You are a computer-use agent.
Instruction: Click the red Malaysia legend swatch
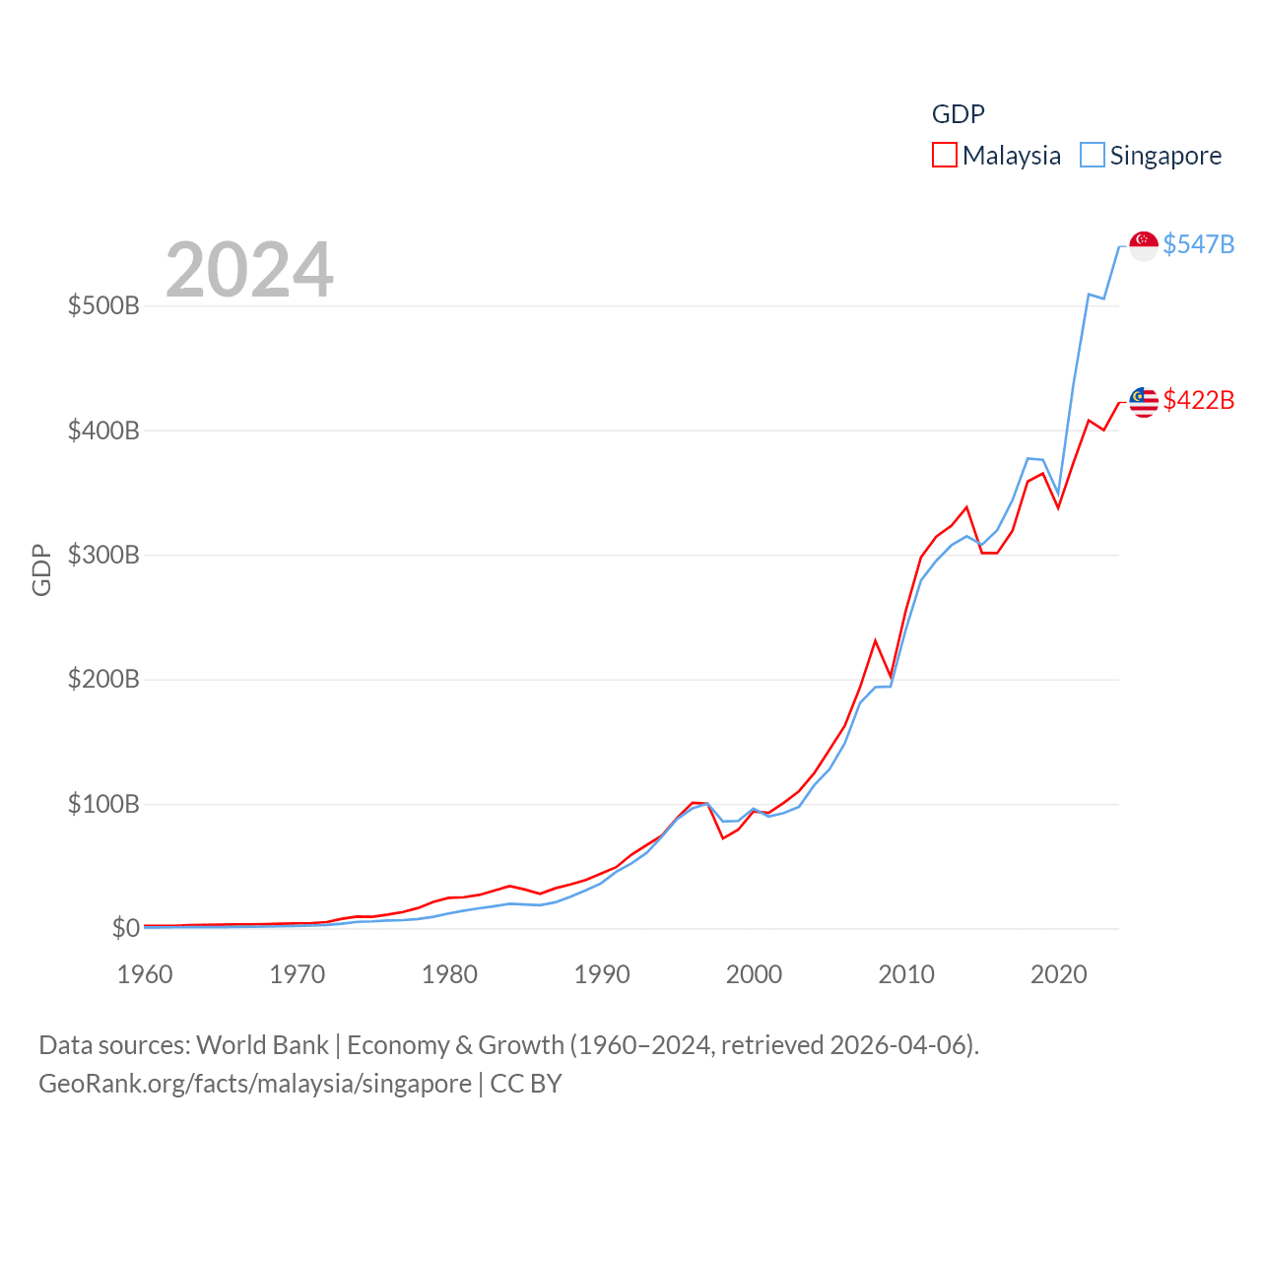[944, 156]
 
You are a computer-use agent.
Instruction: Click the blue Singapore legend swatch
[1092, 156]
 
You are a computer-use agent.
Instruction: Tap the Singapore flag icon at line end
[1143, 245]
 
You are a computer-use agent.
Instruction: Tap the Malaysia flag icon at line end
[1143, 402]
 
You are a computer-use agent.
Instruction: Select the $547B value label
[1198, 244]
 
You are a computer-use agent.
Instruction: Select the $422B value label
[1198, 400]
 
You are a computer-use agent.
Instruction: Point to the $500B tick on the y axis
[103, 305]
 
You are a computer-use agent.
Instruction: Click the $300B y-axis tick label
[103, 555]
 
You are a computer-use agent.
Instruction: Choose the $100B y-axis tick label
[103, 804]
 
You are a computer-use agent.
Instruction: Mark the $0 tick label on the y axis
[125, 928]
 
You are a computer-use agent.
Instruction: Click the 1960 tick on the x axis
[145, 974]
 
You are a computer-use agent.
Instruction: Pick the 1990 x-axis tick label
[602, 974]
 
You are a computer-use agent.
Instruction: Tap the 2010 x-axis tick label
[906, 974]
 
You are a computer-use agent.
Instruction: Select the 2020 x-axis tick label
[1059, 974]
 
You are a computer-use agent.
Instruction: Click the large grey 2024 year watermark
[249, 270]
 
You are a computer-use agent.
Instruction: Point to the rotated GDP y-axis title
[41, 569]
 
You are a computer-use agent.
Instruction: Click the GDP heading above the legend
[958, 114]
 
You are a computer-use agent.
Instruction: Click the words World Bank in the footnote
[262, 1044]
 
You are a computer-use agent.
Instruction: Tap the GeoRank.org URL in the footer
[255, 1084]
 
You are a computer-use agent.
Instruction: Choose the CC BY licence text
[526, 1084]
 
